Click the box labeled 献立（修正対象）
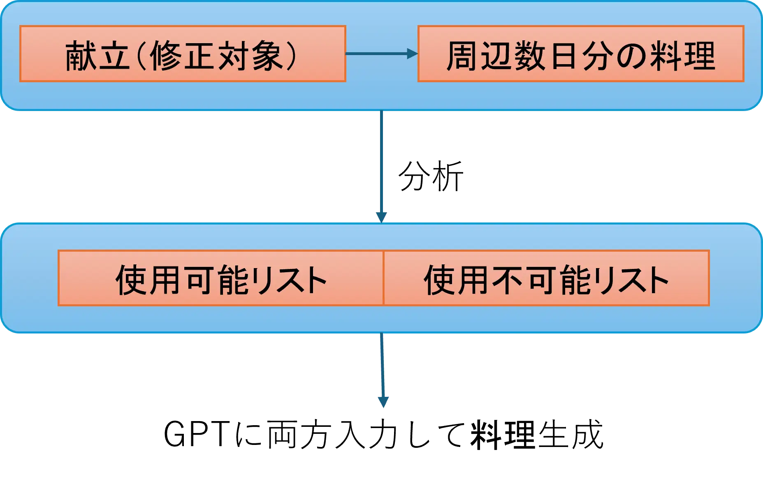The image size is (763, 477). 183,54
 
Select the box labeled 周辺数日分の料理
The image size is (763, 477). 581,54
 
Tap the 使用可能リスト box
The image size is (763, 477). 221,278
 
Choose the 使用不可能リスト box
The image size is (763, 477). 547,278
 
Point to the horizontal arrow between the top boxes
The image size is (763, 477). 382,53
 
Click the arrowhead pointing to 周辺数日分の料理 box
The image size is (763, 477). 413,53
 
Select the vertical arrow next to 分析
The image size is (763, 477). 381,167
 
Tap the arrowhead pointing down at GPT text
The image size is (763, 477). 383,402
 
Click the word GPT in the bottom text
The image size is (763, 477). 197,434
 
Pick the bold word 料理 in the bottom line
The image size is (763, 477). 503,434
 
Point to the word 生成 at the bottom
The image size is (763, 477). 570,434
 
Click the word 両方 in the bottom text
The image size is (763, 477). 299,434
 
